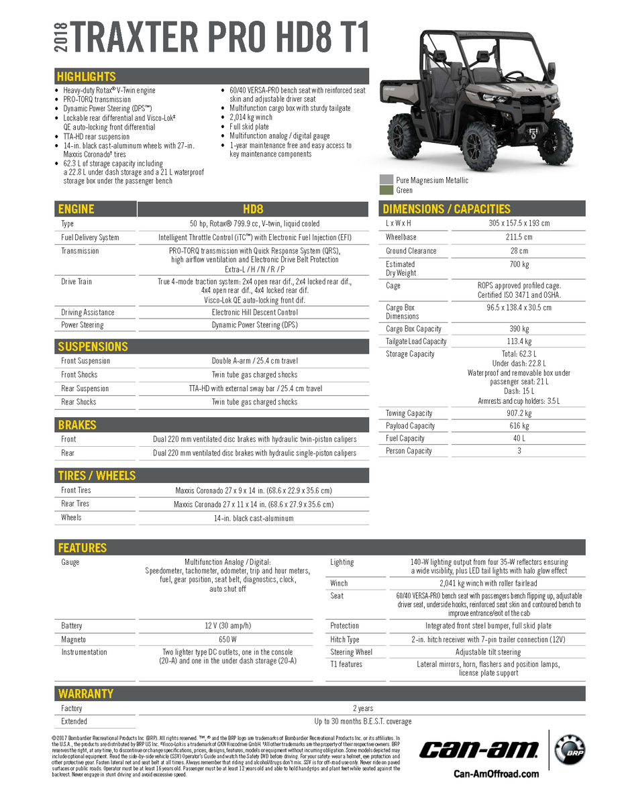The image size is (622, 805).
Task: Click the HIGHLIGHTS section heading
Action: tap(87, 76)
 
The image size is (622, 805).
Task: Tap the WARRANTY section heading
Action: tap(85, 694)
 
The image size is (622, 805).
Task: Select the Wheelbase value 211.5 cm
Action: tap(519, 237)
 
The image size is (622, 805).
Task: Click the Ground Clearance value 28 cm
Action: tap(519, 251)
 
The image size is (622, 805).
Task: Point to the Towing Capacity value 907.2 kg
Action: tap(519, 413)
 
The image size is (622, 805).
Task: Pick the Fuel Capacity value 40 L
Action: tap(519, 439)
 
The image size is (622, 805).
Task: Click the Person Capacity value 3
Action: tap(519, 451)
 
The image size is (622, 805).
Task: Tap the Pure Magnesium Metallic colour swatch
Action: tap(386, 180)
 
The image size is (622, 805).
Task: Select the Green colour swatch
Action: tap(386, 190)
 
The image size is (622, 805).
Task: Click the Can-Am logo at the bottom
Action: tap(479, 749)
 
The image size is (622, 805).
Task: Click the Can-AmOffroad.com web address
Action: tap(496, 773)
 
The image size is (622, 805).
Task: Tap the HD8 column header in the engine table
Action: tap(252, 209)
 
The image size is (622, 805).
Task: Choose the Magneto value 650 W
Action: tap(228, 640)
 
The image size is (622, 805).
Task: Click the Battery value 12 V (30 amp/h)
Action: tap(228, 626)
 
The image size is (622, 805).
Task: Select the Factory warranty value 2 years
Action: tap(363, 708)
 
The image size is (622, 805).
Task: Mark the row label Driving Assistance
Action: tap(88, 312)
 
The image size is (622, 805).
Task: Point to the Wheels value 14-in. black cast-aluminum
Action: tap(253, 518)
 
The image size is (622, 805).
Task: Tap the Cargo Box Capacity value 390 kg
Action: tap(519, 329)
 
